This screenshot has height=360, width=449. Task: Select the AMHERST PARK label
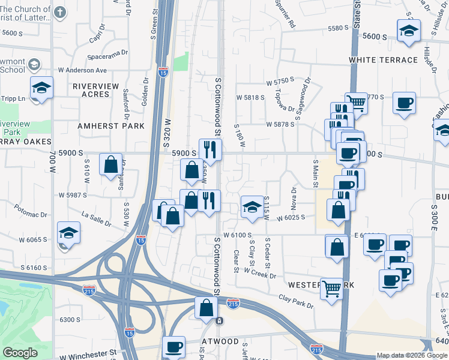tap(111, 126)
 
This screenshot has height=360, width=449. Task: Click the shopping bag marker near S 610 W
tap(111, 164)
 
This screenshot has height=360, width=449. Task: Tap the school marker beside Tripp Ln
tap(41, 88)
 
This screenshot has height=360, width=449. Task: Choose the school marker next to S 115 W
tap(252, 207)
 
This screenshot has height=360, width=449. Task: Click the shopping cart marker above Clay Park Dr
tap(331, 289)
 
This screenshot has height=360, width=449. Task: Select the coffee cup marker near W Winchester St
tap(175, 346)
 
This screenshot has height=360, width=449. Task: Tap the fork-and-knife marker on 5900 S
tap(210, 149)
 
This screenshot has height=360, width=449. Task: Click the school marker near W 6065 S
tap(69, 233)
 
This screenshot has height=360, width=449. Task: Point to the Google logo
tap(20, 353)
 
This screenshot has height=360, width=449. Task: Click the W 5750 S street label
tap(280, 79)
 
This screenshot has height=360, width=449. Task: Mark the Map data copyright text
tap(412, 355)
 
